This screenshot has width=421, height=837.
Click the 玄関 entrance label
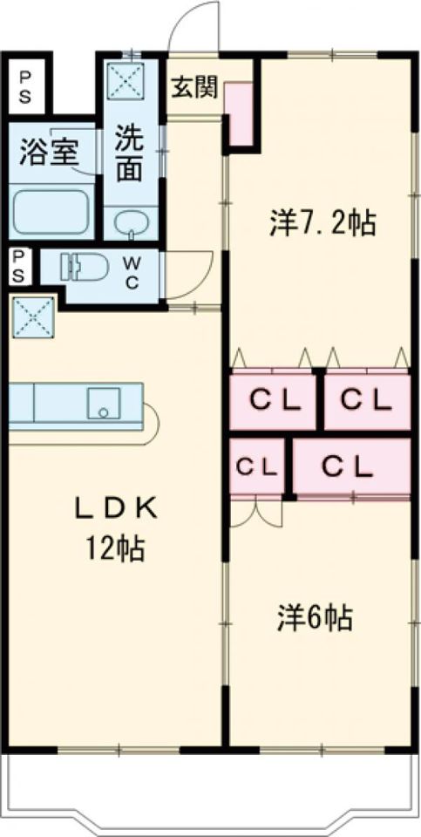tap(194, 89)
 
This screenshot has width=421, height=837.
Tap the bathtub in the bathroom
tap(51, 211)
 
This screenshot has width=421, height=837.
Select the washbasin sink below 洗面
tap(130, 222)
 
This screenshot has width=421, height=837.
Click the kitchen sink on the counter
tap(104, 404)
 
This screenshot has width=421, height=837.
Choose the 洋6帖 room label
tap(315, 618)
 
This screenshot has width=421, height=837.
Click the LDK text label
tap(115, 510)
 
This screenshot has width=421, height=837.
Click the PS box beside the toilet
tap(19, 267)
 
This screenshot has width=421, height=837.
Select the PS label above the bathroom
tap(25, 87)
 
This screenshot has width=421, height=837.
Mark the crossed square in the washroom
tap(126, 80)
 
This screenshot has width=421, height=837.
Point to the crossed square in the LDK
tap(33, 317)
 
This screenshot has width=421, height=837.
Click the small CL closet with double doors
tap(256, 467)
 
